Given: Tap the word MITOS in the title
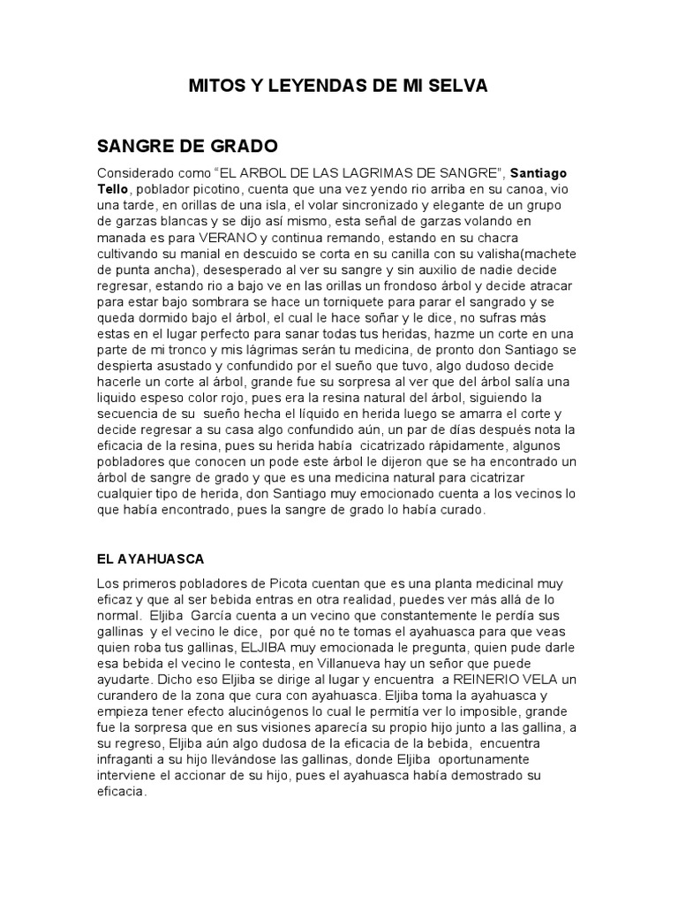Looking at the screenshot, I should click(x=215, y=86).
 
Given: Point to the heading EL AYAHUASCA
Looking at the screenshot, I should click(x=149, y=559).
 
